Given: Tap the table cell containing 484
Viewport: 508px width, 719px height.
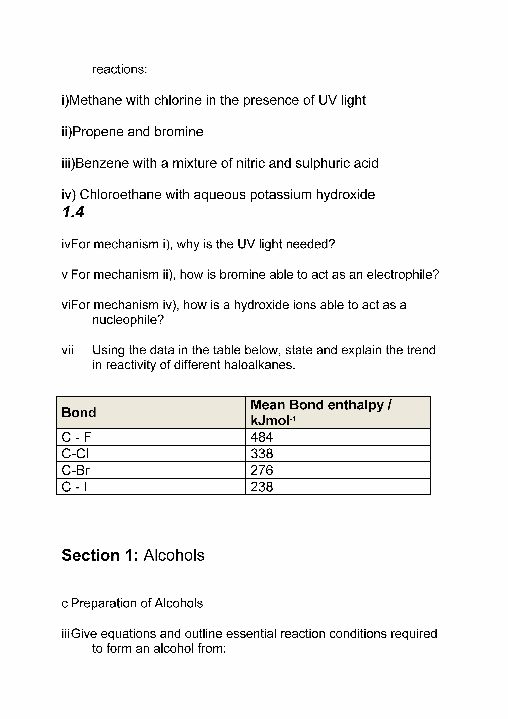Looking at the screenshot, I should point(262,437).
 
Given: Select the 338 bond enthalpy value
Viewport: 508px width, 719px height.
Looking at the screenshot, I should point(262,453).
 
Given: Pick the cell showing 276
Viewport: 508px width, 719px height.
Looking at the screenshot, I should point(262,470).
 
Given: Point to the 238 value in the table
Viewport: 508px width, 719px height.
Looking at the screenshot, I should point(262,487).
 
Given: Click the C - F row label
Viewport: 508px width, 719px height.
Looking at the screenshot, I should point(76,437).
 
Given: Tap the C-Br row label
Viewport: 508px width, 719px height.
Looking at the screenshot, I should point(76,470).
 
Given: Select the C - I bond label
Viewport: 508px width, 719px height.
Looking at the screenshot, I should point(74,487).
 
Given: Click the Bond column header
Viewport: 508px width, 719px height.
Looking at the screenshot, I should point(79,412).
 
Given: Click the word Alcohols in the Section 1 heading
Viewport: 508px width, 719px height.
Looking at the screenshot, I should point(174,555).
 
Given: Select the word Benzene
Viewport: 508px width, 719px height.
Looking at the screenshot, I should point(102,163).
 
